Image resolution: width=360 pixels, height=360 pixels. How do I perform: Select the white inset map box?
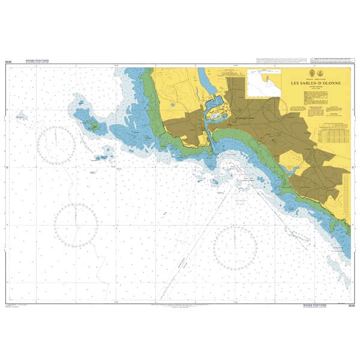(x=263, y=82)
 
